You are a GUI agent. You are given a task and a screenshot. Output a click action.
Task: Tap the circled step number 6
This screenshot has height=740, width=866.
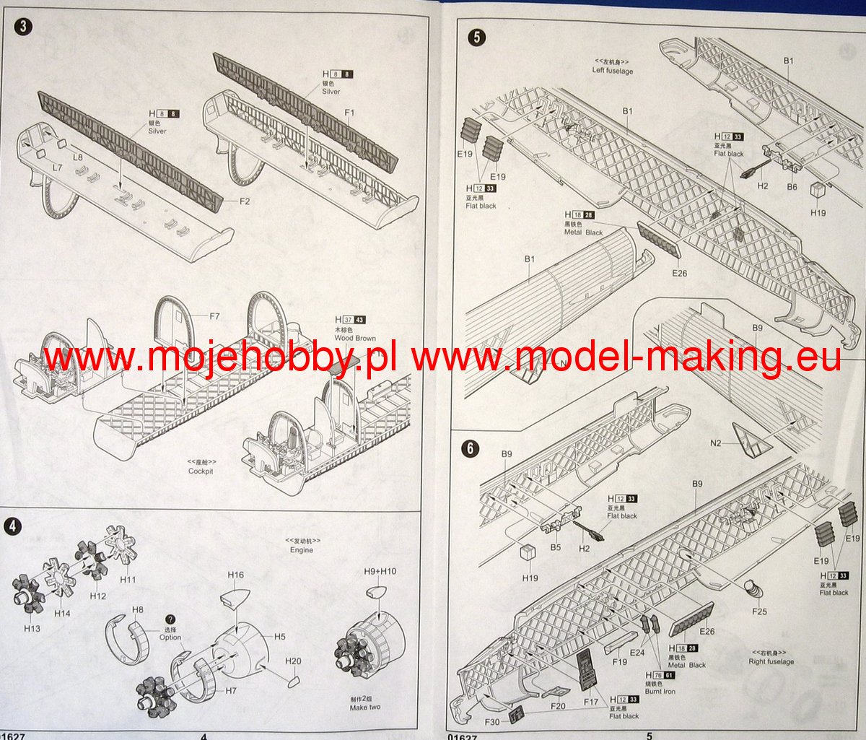[470, 448]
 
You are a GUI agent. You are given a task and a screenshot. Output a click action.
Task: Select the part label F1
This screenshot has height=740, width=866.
[350, 113]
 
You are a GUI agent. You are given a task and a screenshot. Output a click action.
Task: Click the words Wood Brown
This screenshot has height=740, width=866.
[355, 338]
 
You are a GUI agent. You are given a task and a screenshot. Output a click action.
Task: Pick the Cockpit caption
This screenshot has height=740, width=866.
[201, 471]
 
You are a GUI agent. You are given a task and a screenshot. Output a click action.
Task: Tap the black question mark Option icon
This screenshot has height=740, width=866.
[171, 619]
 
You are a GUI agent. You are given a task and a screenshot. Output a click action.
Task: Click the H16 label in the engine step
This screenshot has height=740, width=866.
[235, 575]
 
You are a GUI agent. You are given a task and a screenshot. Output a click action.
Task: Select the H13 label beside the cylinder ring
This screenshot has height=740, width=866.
[32, 628]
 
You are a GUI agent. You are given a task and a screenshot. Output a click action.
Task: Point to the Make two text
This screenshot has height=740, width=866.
[365, 707]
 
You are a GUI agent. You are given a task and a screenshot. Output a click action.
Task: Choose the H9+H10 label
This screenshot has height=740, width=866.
[380, 572]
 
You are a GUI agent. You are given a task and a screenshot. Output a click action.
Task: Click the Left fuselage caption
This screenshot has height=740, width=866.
[613, 71]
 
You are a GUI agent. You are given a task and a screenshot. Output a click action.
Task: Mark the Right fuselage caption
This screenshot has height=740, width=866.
[771, 661]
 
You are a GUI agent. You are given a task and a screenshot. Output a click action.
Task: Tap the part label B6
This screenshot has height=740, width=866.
[792, 186]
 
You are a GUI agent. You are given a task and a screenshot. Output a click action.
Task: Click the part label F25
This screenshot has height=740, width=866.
[758, 611]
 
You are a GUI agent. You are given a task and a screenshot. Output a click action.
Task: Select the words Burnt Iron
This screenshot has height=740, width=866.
[660, 692]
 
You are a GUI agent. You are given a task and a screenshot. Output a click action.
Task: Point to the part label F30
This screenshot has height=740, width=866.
[492, 722]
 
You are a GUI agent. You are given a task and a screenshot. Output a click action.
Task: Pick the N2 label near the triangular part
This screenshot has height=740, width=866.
[715, 443]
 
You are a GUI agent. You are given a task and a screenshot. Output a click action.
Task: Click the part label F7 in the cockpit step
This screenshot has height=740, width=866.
[214, 316]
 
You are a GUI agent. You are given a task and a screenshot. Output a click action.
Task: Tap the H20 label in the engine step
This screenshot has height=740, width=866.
[293, 661]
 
